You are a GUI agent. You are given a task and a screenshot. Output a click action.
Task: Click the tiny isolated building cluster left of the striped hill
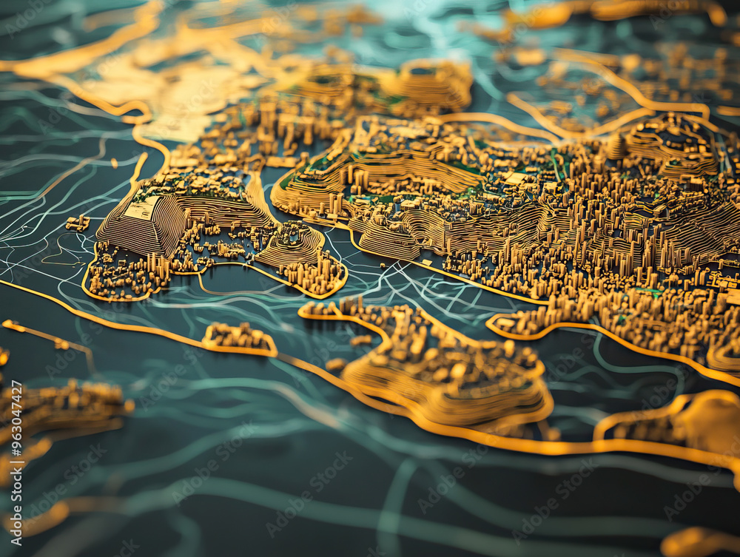(77, 222)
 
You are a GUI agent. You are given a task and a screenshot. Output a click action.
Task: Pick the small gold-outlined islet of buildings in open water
(238, 338)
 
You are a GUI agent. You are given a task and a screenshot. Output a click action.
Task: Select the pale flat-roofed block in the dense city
(516, 178)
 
